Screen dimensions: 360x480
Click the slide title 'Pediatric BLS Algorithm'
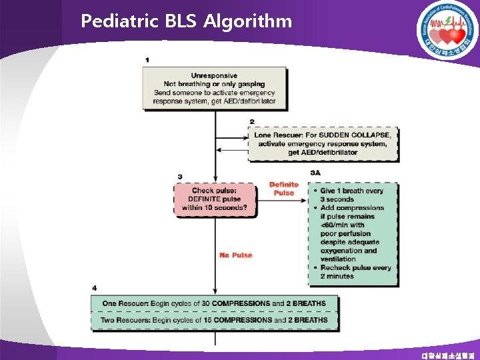186,21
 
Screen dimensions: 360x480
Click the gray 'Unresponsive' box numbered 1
214,88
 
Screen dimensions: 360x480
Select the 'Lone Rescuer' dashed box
323,143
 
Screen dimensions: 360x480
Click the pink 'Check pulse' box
214,199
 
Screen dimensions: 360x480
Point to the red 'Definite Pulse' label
283,189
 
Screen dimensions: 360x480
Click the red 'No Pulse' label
236,255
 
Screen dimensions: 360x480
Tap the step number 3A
315,173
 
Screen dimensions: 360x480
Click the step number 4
94,288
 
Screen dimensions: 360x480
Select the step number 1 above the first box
147,60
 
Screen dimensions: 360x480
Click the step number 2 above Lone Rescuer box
252,121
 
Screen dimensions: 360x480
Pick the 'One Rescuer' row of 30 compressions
214,303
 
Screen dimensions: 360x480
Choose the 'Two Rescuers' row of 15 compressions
214,320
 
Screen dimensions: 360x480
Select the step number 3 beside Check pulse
180,177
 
